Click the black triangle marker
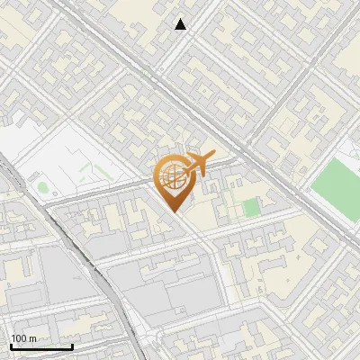pos(181,24)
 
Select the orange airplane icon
pos(200,163)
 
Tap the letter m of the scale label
pos(32,338)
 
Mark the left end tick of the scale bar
pos(11,346)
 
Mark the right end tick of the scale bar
pos(72,346)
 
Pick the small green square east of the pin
pos(250,208)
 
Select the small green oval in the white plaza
pos(42,187)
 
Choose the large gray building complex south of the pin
pos(171,288)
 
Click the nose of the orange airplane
pos(213,157)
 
